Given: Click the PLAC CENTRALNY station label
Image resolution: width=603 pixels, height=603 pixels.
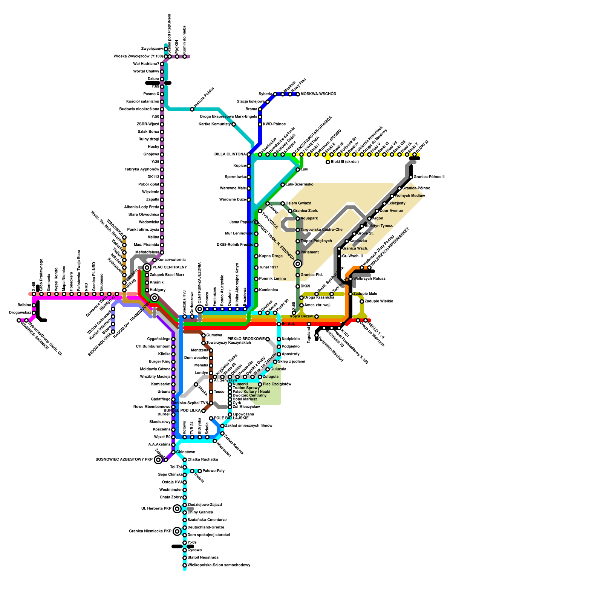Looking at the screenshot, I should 170,268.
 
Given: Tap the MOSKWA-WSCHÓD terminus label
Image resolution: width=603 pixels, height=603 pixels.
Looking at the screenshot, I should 318,94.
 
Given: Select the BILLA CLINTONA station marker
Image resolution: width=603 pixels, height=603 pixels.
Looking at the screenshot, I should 249,155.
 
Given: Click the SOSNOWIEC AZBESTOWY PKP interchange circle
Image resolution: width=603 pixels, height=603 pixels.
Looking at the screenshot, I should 158,460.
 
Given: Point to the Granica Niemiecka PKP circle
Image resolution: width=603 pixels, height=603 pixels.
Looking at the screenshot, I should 177,531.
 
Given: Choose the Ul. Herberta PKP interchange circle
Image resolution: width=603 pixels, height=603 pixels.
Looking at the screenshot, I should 177,509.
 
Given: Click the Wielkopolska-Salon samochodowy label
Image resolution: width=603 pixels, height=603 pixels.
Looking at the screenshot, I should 219,565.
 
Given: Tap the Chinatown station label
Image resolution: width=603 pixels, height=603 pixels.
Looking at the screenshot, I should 186,452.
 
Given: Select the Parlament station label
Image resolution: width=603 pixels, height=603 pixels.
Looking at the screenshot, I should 309,253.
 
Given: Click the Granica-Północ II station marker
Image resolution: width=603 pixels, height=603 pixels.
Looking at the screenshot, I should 411,177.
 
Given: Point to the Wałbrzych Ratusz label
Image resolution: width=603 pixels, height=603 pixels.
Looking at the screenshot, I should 369,279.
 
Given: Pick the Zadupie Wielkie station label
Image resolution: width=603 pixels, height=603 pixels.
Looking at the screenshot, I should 379,301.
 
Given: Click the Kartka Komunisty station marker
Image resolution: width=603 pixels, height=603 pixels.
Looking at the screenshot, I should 234,124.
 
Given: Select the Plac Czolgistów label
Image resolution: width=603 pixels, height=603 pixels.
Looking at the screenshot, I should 277,384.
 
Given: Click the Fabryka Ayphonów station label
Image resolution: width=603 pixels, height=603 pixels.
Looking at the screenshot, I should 142,170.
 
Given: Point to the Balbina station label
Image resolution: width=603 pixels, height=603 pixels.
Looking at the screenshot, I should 24,305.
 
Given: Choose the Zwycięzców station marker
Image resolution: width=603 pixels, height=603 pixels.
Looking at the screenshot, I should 166,49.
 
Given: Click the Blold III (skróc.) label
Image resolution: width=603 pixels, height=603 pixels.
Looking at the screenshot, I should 344,162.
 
